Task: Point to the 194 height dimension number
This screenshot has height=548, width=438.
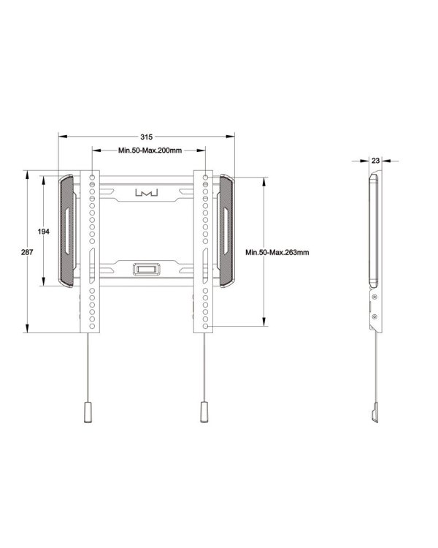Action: (44, 232)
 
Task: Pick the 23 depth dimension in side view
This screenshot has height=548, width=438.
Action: (374, 159)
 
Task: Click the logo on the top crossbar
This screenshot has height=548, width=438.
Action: (146, 194)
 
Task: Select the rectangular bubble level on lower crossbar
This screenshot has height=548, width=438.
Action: (146, 269)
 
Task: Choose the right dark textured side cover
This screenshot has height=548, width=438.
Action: (225, 232)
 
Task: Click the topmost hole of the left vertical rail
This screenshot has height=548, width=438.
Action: (92, 178)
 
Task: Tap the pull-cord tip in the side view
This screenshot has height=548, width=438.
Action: (374, 416)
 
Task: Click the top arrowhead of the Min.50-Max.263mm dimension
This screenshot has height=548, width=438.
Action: (263, 178)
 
